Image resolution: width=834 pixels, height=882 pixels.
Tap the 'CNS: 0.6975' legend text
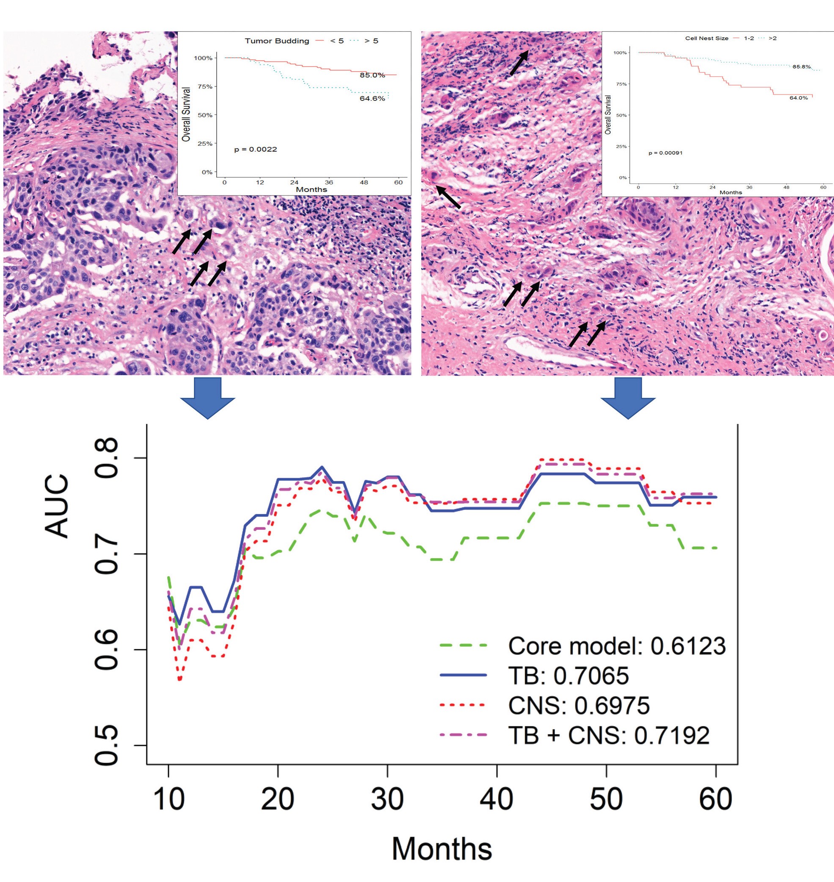578,705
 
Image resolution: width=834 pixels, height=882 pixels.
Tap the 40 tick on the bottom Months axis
497,799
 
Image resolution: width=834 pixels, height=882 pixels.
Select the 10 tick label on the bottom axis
168,799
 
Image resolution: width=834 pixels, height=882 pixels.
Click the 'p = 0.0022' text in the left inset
256,150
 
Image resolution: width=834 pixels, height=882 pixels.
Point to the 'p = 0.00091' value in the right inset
665,153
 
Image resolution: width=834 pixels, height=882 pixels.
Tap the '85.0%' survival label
372,75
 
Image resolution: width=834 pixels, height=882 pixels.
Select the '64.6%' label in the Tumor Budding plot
372,98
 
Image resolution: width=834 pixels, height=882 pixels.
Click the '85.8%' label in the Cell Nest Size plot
801,67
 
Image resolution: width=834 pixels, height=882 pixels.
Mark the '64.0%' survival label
798,98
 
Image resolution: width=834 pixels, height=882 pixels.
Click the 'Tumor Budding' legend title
276,41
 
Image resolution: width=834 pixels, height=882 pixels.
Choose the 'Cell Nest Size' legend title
707,38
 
